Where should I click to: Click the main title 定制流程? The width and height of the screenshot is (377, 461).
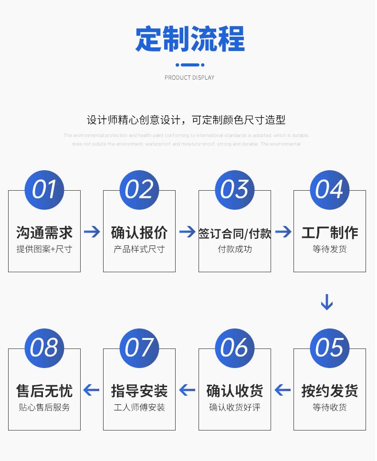pyautogui.click(x=190, y=39)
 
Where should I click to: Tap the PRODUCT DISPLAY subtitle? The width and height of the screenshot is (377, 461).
pyautogui.click(x=189, y=78)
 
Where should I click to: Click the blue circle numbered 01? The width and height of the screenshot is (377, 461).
pyautogui.click(x=44, y=190)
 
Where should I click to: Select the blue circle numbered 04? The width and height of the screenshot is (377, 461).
pyautogui.click(x=330, y=190)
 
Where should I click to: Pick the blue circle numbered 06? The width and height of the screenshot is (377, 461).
pyautogui.click(x=235, y=348)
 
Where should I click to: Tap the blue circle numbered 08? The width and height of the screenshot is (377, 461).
pyautogui.click(x=44, y=348)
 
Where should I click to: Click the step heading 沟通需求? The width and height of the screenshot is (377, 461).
pyautogui.click(x=44, y=233)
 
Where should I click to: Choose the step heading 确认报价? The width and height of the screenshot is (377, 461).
pyautogui.click(x=139, y=233)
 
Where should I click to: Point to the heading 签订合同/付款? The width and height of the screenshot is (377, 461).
pyautogui.click(x=235, y=233)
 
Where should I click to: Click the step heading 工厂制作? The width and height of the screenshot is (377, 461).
pyautogui.click(x=330, y=233)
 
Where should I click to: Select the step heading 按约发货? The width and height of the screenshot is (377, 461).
pyautogui.click(x=330, y=391)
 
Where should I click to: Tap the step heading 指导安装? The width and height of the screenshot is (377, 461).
pyautogui.click(x=139, y=391)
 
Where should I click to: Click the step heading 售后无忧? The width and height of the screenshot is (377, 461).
pyautogui.click(x=44, y=391)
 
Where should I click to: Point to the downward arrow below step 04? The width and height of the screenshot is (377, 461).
pyautogui.click(x=327, y=302)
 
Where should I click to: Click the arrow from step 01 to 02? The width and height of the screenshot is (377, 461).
pyautogui.click(x=92, y=232)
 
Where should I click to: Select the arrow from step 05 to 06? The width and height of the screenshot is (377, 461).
pyautogui.click(x=283, y=390)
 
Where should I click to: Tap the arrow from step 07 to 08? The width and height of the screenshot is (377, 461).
pyautogui.click(x=92, y=390)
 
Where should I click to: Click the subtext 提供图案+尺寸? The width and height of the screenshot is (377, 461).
pyautogui.click(x=44, y=249)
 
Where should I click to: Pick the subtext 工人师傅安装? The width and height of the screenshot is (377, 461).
pyautogui.click(x=139, y=408)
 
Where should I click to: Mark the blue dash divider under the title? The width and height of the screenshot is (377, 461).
pyautogui.click(x=190, y=65)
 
